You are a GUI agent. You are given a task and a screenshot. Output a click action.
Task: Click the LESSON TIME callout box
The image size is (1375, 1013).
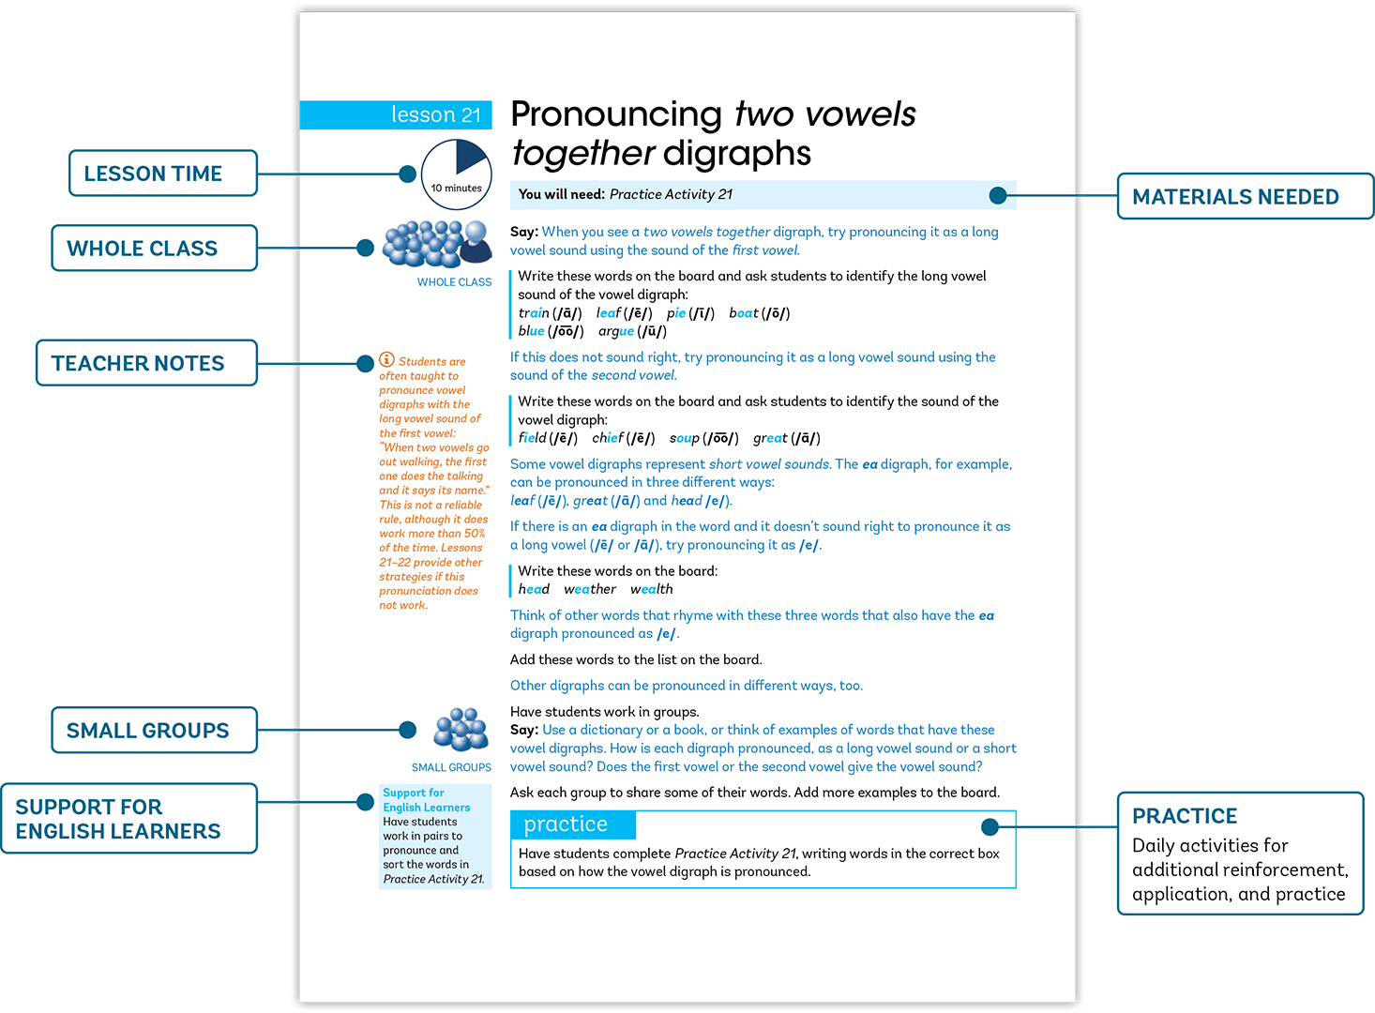(162, 174)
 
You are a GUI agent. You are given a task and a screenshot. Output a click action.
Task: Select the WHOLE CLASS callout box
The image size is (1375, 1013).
(154, 248)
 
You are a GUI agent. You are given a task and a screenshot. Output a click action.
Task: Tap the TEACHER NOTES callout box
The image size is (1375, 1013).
(146, 363)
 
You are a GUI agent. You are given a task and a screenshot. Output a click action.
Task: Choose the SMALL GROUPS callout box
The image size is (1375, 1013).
(154, 730)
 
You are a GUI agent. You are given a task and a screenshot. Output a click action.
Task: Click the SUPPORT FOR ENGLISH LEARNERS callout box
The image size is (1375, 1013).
(128, 819)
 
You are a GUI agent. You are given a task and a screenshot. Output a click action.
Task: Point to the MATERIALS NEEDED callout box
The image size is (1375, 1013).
(1246, 196)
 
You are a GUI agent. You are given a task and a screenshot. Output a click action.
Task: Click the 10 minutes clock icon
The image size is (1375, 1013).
(456, 174)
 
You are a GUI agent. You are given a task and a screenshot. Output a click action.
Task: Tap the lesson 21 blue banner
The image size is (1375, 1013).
(396, 114)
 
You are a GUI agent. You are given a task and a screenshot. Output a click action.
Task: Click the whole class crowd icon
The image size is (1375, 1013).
(437, 245)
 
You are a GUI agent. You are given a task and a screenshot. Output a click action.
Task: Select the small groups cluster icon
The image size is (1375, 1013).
(461, 730)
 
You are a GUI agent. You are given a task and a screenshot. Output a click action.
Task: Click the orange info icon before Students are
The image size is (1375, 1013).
(386, 359)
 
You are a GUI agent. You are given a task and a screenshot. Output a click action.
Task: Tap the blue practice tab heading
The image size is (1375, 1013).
(573, 824)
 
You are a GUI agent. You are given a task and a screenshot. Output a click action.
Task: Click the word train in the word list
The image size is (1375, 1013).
(534, 313)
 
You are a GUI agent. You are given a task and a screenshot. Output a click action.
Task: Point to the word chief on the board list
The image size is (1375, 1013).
(608, 438)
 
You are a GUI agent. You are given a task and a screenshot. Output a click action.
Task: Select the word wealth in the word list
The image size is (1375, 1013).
(651, 589)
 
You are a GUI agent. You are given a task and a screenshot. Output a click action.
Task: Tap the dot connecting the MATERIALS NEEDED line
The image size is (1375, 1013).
(998, 196)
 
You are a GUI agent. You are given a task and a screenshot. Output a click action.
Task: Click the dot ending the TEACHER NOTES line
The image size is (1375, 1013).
(365, 363)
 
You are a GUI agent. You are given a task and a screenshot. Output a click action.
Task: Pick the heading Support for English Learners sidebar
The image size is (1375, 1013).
(427, 800)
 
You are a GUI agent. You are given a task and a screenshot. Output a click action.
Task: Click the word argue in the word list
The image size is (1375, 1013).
(616, 331)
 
